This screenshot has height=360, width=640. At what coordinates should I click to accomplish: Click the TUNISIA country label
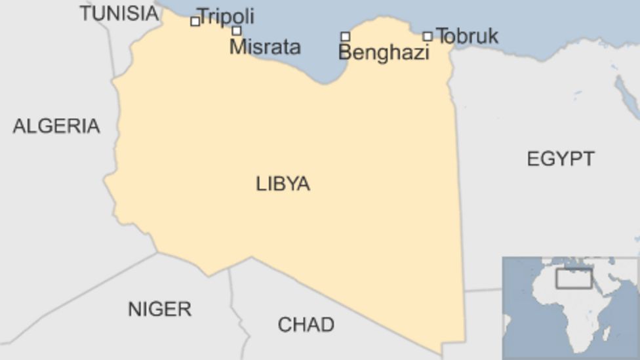(x=119, y=12)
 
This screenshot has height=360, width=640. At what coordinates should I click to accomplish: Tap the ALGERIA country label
(x=56, y=126)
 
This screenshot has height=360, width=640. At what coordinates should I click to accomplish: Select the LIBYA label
(x=283, y=184)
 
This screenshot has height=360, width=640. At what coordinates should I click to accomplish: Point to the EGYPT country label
(x=561, y=158)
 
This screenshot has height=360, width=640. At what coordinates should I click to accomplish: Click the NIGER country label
(x=159, y=309)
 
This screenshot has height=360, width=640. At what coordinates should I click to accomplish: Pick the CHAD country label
(x=306, y=324)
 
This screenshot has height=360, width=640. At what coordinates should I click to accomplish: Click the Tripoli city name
(x=226, y=16)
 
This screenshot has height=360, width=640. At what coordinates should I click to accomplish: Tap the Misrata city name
(x=265, y=47)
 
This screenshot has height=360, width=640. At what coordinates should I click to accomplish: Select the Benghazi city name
(x=384, y=52)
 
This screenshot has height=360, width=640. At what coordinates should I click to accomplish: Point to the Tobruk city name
(x=467, y=36)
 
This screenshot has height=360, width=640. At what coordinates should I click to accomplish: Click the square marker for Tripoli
(x=195, y=22)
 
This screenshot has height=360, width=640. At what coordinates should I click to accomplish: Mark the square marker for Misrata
(x=236, y=31)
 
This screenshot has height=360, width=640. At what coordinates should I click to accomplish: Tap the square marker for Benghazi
(x=345, y=37)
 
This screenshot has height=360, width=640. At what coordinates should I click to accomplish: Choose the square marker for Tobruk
(x=427, y=37)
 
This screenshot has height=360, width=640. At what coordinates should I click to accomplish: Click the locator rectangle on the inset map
(x=574, y=278)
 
